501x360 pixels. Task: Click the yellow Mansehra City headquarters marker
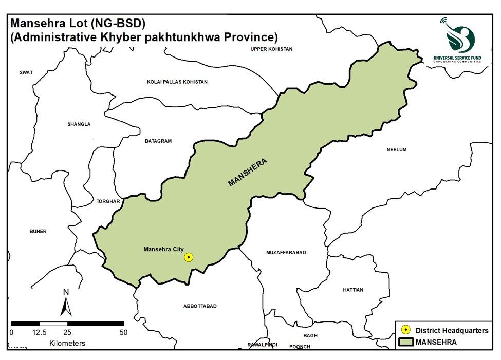point(189,257)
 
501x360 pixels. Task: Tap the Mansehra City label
point(163,249)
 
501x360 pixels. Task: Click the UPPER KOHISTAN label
point(271,49)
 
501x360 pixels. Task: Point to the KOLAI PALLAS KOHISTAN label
point(177,82)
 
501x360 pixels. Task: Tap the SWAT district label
point(26,72)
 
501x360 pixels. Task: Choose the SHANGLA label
point(79,124)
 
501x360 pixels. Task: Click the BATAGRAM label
point(158,141)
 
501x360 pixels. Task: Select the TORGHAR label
point(108,201)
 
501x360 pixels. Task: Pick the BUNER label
point(38,231)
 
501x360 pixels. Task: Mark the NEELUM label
point(396,149)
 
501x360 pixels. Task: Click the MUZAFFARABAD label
point(286,253)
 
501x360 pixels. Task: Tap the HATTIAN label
point(353,290)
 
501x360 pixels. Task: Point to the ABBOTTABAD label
point(200,306)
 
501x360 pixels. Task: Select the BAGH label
point(310,335)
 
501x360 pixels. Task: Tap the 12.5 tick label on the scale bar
point(40,332)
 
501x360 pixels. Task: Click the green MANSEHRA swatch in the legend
point(405,342)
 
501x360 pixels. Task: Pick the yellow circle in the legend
point(405,330)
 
